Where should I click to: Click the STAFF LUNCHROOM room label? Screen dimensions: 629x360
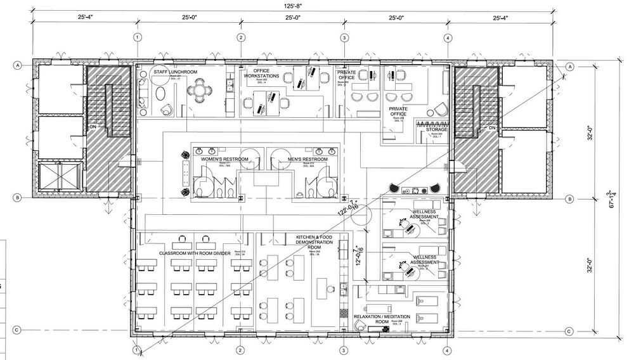coord(176,73)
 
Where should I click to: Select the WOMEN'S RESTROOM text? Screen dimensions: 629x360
coord(224,159)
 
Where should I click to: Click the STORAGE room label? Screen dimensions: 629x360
coord(437,129)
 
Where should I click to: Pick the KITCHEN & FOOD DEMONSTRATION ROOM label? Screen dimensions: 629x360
coord(314,243)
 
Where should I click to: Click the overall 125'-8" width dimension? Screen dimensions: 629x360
coord(292,6)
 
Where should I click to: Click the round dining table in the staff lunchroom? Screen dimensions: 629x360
coord(201,94)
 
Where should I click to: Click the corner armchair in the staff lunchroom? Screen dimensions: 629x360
coord(167,110)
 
